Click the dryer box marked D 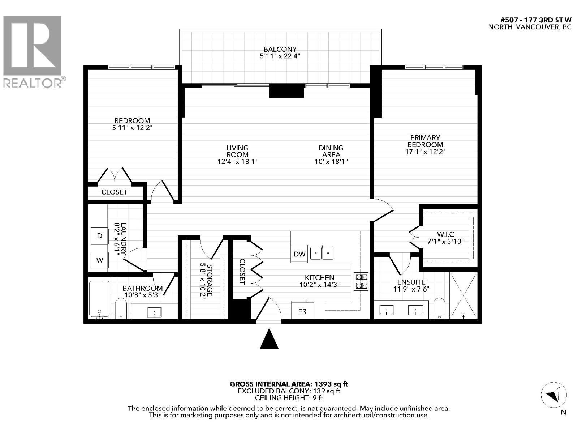point(100,236)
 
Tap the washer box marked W point(100,260)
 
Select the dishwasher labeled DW point(299,254)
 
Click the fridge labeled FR point(302,311)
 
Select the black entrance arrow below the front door point(269,339)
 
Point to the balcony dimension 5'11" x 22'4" point(280,56)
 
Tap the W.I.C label point(445,234)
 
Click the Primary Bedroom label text point(425,141)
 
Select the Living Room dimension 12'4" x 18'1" point(237,161)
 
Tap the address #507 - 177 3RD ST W point(536,20)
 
